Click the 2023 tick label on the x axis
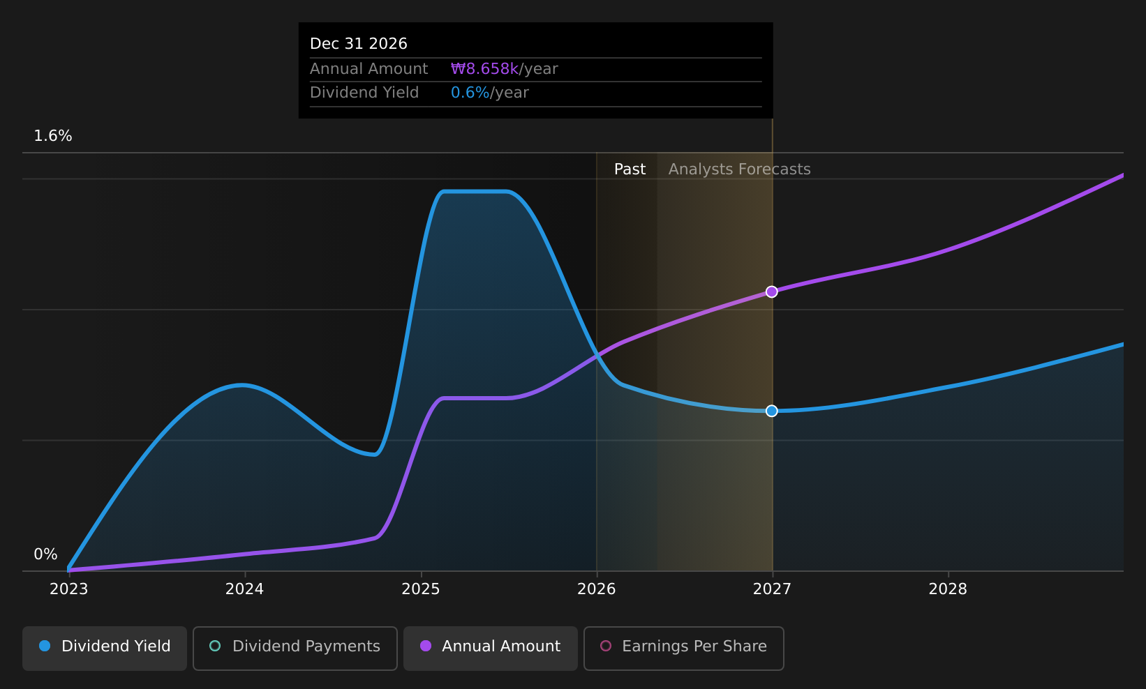pyautogui.click(x=68, y=589)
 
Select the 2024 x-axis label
pyautogui.click(x=244, y=589)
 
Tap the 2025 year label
pyautogui.click(x=421, y=589)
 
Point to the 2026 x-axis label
pyautogui.click(x=597, y=589)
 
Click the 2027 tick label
pyautogui.click(x=772, y=589)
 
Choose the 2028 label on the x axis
pyautogui.click(x=948, y=589)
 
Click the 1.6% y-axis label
pyautogui.click(x=53, y=136)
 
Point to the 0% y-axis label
pyautogui.click(x=45, y=554)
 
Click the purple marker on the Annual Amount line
pyautogui.click(x=771, y=292)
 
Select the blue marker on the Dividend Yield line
pyautogui.click(x=771, y=411)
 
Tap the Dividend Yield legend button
pyautogui.click(x=105, y=648)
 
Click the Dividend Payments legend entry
pyautogui.click(x=295, y=648)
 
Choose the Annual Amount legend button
pyautogui.click(x=491, y=648)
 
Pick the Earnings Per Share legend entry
pyautogui.click(x=683, y=648)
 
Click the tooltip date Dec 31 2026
pyautogui.click(x=359, y=44)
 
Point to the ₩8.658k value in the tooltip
pyautogui.click(x=484, y=69)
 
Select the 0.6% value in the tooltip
pyautogui.click(x=470, y=93)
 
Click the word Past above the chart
pyautogui.click(x=630, y=169)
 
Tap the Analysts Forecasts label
pyautogui.click(x=739, y=169)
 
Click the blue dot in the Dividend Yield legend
pyautogui.click(x=45, y=646)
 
